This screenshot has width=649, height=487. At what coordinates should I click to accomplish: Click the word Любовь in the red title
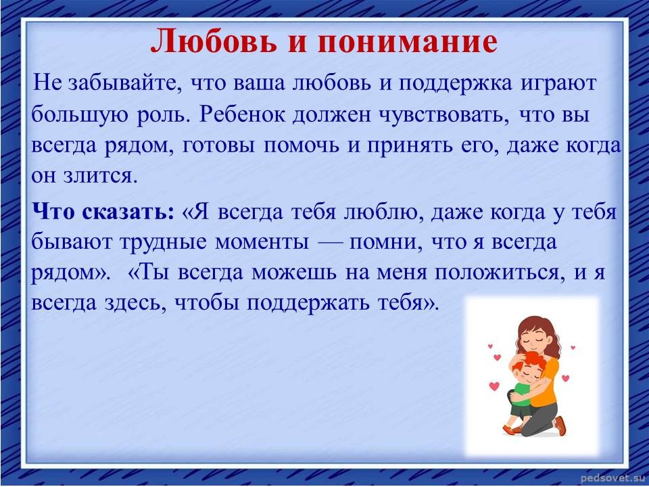tap(214, 41)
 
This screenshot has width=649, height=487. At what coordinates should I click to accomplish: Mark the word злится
tap(100, 177)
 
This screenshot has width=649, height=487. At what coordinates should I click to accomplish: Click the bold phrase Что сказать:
tap(103, 212)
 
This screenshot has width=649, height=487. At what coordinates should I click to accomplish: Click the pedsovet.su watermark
tap(611, 479)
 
